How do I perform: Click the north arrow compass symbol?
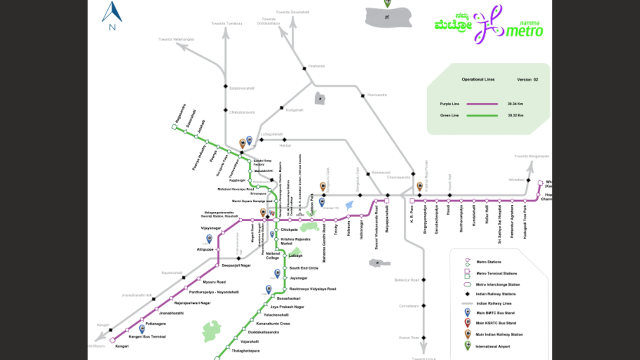pos(112,13)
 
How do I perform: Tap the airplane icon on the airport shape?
pos(387,17)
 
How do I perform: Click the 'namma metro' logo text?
pos(524,30)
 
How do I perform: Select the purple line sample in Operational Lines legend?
pos(482,104)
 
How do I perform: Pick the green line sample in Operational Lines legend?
pos(482,115)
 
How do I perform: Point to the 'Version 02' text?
pos(527,79)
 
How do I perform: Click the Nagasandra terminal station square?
pos(174,127)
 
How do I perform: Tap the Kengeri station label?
pos(122,346)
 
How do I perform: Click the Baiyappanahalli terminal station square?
pos(386,200)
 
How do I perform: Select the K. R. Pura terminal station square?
pos(412,200)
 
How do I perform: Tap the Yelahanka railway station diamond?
pos(304,68)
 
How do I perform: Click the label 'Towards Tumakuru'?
pos(226,23)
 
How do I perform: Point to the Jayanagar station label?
pos(298,278)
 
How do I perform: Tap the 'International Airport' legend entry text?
pos(493,346)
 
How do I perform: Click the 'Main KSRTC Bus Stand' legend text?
pos(496,323)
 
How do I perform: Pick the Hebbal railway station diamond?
pos(261,140)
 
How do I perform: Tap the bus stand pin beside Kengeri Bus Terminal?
pos(142,328)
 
